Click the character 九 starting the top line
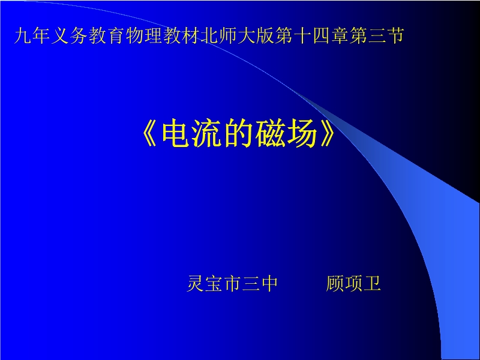pos(23,35)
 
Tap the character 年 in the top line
pos(41,35)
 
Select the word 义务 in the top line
pos(70,35)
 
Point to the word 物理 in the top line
pos(144,35)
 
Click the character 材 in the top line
pos(190,35)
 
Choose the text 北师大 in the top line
pos(227,35)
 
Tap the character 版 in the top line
pos(265,35)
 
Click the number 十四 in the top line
pos(311,35)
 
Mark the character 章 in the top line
pos(339,35)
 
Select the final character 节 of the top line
pos(395,35)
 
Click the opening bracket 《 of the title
pos(150,134)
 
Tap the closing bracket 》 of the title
pos(328,134)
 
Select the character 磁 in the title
pos(270,134)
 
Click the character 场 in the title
pos(301,134)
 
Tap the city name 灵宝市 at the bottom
pos(214,283)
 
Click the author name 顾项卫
pos(353,283)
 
